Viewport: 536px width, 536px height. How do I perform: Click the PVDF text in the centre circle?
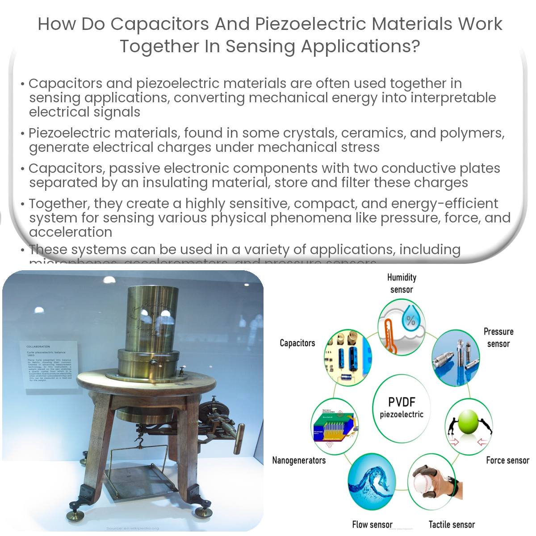pos(402,402)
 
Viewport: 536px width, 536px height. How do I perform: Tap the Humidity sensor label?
pos(402,284)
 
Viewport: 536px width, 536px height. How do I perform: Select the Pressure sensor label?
pos(498,338)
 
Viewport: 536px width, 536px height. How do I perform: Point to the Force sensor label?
pos(507,461)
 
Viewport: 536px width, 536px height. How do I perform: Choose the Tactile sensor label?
pos(452,525)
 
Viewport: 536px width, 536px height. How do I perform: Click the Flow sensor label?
pos(372,525)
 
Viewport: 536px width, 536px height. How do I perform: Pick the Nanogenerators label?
pos(299,461)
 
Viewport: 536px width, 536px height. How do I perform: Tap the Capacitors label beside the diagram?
pos(297,343)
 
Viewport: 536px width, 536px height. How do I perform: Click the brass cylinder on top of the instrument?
pos(152,317)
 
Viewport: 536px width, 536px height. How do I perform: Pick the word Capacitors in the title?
pos(159,24)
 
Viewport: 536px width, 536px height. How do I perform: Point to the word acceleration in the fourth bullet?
pos(71,232)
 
